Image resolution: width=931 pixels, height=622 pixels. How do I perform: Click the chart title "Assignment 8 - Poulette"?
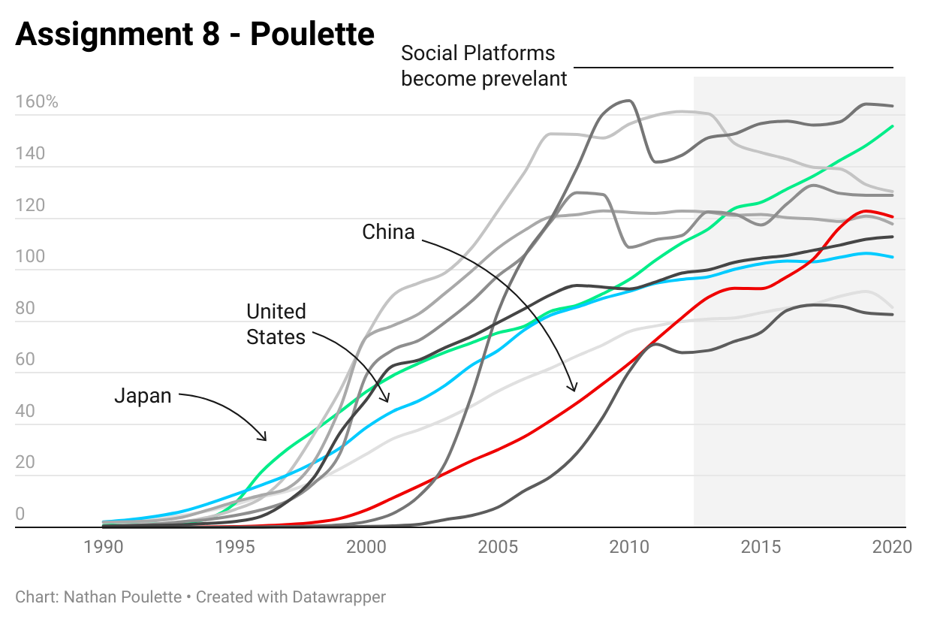(194, 34)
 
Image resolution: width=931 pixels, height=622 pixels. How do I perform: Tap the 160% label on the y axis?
(37, 102)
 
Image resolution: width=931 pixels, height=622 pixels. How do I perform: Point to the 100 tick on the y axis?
(30, 256)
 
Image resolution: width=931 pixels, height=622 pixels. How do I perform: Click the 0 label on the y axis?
(20, 514)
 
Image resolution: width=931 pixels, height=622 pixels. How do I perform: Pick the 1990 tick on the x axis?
(103, 547)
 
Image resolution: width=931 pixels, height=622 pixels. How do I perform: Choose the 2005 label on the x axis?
(498, 547)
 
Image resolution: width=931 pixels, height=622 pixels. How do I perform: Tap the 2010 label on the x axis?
(629, 547)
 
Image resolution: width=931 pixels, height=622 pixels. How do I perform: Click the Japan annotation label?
(143, 395)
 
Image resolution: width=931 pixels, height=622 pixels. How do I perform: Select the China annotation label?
(388, 232)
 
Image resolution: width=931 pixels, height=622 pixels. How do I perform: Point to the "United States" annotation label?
(276, 324)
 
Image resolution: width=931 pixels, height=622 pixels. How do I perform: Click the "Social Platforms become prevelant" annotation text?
(484, 66)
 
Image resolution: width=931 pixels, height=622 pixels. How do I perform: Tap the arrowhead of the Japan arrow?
(266, 439)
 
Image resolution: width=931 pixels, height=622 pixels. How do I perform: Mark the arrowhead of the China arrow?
(574, 391)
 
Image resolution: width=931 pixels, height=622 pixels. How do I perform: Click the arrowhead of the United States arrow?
(387, 401)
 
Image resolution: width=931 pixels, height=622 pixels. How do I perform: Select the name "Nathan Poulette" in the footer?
(122, 597)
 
